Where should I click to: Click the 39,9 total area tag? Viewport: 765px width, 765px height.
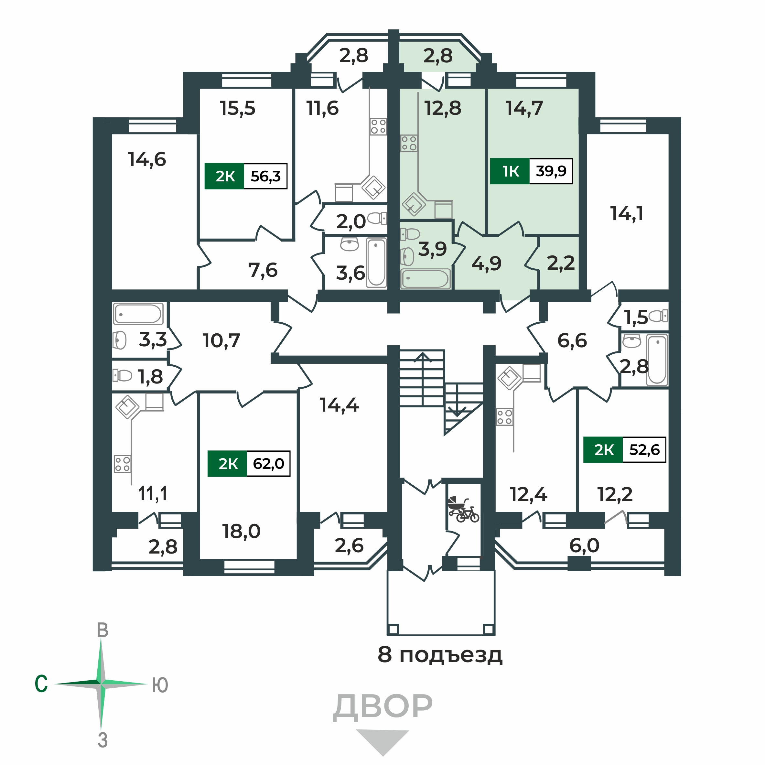coord(551,171)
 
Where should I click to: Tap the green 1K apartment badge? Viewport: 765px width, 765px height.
coord(510,171)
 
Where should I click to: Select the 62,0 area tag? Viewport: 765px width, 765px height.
coord(268,463)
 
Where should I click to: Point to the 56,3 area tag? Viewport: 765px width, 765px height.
coord(265,176)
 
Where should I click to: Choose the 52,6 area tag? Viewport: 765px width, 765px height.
coord(644,449)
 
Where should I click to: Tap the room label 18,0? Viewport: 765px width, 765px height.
coord(241,531)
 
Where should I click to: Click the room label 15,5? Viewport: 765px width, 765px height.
coord(238,108)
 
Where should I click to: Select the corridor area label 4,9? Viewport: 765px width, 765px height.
coord(486,263)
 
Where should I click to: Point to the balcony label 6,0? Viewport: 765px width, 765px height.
coord(584,546)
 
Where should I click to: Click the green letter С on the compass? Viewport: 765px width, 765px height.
coord(41,684)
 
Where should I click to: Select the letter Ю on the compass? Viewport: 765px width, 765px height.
coord(160,685)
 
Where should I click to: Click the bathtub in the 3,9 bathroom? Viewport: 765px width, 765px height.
coord(425,278)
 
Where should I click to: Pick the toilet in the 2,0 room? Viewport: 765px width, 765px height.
coord(377,218)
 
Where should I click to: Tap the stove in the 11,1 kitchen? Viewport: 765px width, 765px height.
coord(122,464)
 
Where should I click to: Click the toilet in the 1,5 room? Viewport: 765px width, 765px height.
coord(659,316)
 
